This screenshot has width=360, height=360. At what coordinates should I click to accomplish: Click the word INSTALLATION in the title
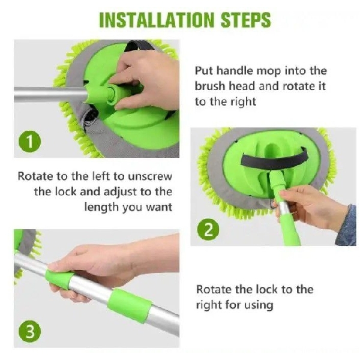coord(157,20)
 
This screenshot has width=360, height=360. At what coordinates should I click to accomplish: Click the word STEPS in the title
coord(245,20)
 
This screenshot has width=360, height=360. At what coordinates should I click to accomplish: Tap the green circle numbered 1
coord(29,142)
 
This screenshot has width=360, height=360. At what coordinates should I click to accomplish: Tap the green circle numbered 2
coord(208,230)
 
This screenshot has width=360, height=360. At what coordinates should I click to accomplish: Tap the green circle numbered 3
coord(29,332)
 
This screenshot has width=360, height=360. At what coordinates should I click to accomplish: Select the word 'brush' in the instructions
coord(210,86)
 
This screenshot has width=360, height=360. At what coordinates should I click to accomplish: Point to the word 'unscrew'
coord(150,176)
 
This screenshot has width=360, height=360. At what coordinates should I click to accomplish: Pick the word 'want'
coord(159,208)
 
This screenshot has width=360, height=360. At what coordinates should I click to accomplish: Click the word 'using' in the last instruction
coord(259,305)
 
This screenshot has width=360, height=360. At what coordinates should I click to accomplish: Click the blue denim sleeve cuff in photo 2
coord(346,227)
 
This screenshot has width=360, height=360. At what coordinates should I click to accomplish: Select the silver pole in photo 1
coord(50,94)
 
